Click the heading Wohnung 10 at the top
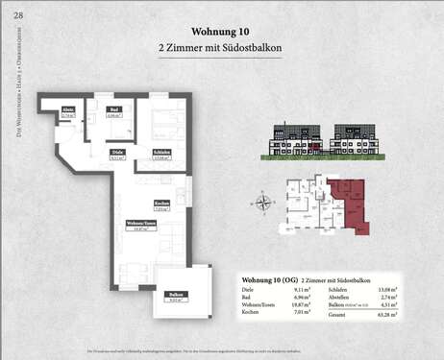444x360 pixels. point(222,30)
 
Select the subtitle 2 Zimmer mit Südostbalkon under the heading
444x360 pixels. point(222,46)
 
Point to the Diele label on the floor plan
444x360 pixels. point(117,154)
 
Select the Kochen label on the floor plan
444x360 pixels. point(161,205)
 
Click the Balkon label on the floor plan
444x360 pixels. point(175,296)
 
